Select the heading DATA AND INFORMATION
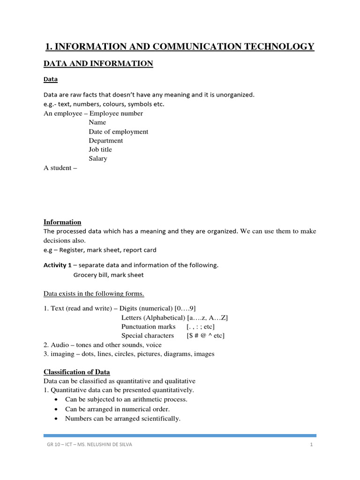click(98, 64)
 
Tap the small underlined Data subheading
click(51, 80)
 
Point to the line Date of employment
click(119, 132)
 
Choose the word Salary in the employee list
click(98, 158)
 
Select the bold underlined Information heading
click(62, 222)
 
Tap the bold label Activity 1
click(55, 265)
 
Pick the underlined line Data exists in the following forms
click(94, 294)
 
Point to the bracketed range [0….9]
click(185, 308)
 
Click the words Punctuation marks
click(148, 326)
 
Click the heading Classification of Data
click(76, 372)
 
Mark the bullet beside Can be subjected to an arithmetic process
click(56, 400)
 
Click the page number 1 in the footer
click(311, 445)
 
